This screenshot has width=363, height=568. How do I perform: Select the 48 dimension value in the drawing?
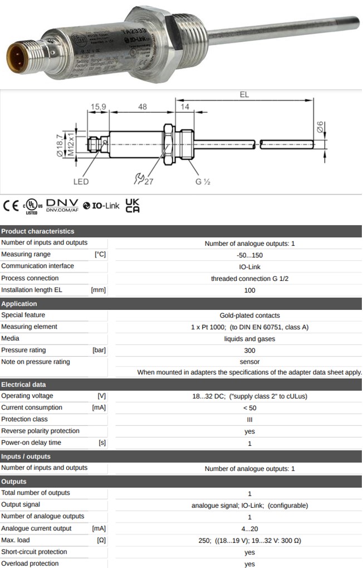click(x=143, y=106)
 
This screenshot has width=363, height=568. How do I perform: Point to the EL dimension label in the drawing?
click(x=244, y=95)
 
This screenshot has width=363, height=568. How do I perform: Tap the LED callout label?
click(x=81, y=182)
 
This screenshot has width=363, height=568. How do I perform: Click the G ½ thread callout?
click(x=202, y=182)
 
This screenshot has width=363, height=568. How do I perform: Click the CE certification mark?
click(x=11, y=206)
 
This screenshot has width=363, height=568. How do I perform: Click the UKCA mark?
click(x=133, y=206)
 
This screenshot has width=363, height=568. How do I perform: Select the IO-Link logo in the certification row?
click(x=101, y=206)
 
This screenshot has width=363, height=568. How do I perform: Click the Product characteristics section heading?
click(x=38, y=231)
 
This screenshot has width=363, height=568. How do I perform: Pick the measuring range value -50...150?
click(x=249, y=255)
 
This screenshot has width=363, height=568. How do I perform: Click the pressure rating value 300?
click(x=249, y=351)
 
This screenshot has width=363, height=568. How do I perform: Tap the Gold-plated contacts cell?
click(x=249, y=315)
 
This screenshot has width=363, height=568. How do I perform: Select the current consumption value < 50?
click(x=249, y=408)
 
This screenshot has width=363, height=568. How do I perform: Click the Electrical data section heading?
click(x=23, y=385)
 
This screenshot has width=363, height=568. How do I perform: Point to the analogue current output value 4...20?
click(x=249, y=528)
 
